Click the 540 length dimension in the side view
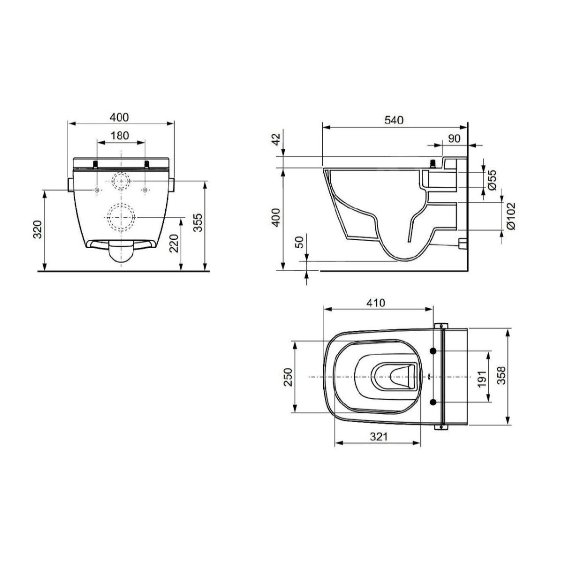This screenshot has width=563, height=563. pos(394,120)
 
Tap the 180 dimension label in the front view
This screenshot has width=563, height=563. pos(120,136)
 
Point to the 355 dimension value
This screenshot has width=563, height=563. pos(198,223)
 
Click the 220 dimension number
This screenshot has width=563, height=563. pos(174,243)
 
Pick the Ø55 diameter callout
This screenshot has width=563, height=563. pos(492,180)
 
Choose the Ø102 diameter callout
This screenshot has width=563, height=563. pos(511,216)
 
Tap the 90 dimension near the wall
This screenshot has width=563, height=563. pos(454,139)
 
